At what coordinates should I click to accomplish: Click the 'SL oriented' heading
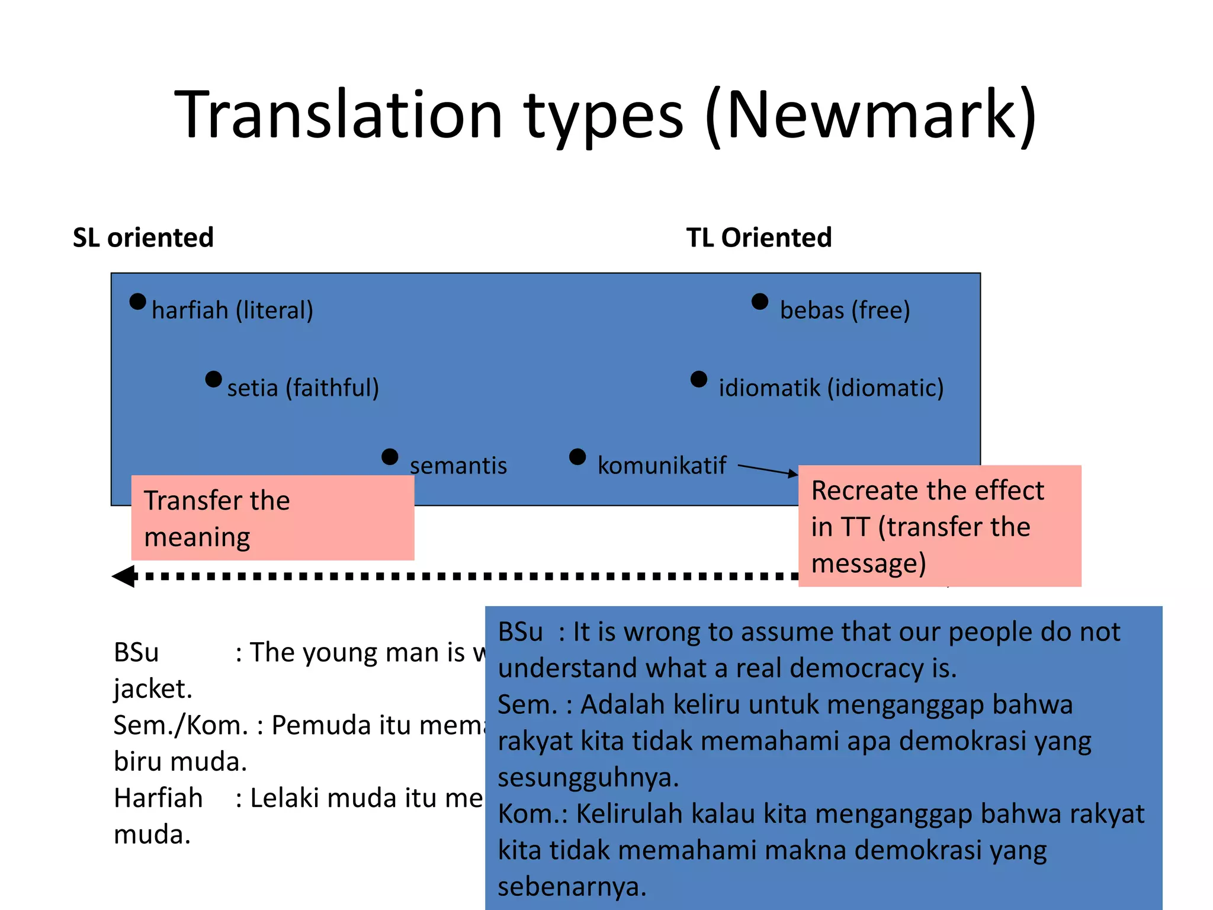coord(143,238)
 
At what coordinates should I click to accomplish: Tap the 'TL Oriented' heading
coord(759,238)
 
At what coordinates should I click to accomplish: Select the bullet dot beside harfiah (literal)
coord(137,302)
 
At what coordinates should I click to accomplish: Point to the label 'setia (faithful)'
coord(303,388)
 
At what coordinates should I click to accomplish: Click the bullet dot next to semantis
coord(390,457)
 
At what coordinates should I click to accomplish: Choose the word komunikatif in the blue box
coord(662,466)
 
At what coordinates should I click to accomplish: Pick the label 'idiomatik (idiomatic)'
coord(830,388)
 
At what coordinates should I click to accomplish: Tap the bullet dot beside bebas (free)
coord(759,302)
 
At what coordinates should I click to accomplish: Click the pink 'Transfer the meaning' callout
coord(272,518)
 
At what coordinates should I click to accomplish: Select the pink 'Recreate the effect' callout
coord(939,526)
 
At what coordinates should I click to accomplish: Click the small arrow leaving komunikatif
coord(768,470)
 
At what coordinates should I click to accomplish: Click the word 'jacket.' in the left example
coord(153,689)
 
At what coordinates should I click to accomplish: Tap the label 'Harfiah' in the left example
coord(158,798)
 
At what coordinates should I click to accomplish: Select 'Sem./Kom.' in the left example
coord(181,725)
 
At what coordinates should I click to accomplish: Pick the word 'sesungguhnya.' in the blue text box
coord(588,777)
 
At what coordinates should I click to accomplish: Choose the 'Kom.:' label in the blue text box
coord(532,814)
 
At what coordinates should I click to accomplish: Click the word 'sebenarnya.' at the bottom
coord(572,887)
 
